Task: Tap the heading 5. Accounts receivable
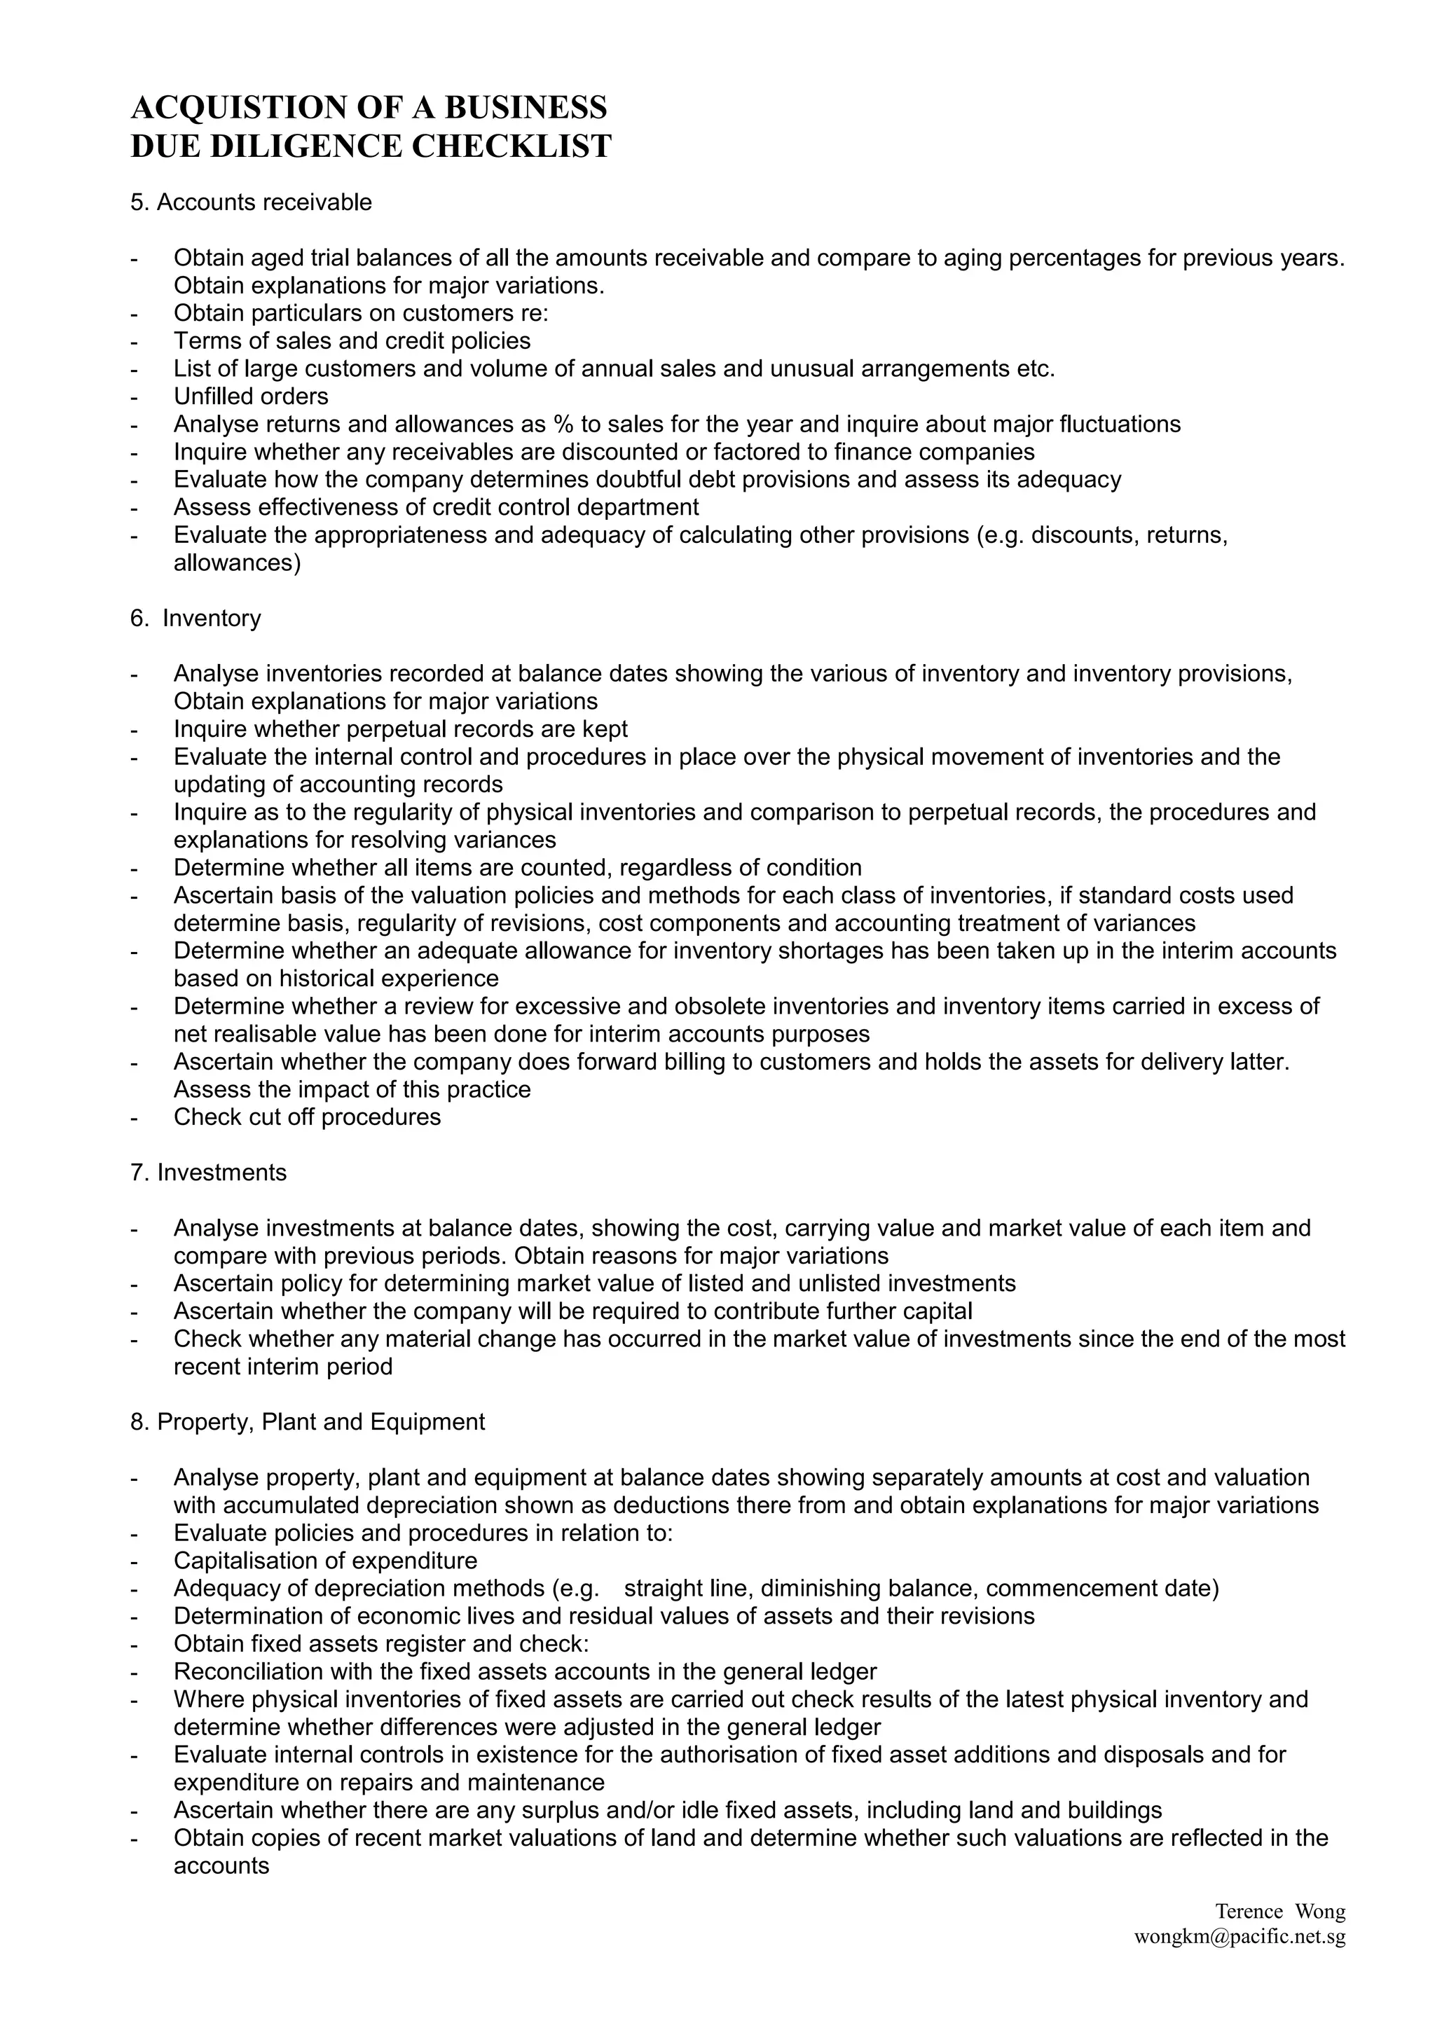tap(251, 202)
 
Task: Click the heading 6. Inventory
tap(195, 618)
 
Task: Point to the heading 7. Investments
tap(209, 1173)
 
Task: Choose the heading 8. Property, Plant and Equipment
tap(308, 1422)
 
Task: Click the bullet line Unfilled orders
tap(251, 396)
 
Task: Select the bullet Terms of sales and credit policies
tap(352, 340)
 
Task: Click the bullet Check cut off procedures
tap(307, 1117)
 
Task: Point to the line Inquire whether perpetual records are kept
tap(401, 729)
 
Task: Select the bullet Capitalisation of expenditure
tap(325, 1561)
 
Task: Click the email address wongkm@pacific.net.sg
tap(1240, 1937)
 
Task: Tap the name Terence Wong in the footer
tap(1279, 1912)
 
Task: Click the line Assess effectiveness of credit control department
tap(436, 506)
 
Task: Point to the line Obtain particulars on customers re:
tap(361, 313)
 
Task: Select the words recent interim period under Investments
tap(283, 1366)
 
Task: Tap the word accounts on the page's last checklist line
tap(221, 1865)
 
